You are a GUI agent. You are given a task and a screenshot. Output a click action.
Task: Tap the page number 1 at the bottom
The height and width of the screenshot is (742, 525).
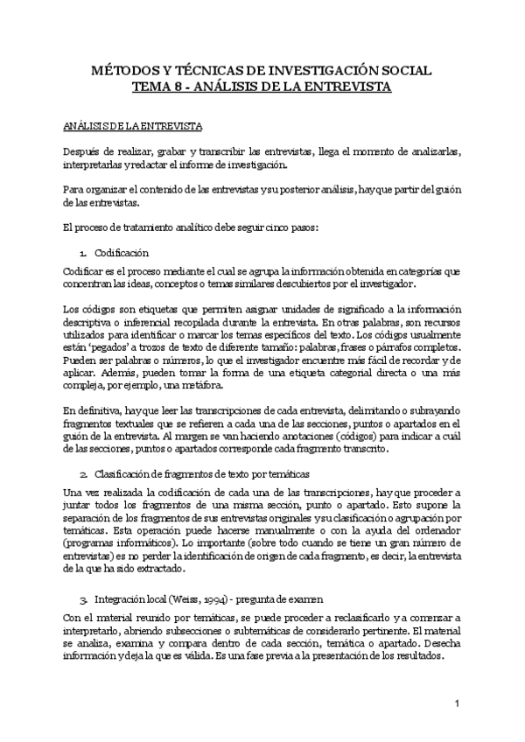pyautogui.click(x=457, y=704)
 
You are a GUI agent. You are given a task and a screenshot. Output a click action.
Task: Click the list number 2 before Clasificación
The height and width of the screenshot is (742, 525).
pyautogui.click(x=81, y=473)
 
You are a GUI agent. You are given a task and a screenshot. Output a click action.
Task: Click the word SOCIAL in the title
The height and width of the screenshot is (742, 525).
pyautogui.click(x=404, y=71)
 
